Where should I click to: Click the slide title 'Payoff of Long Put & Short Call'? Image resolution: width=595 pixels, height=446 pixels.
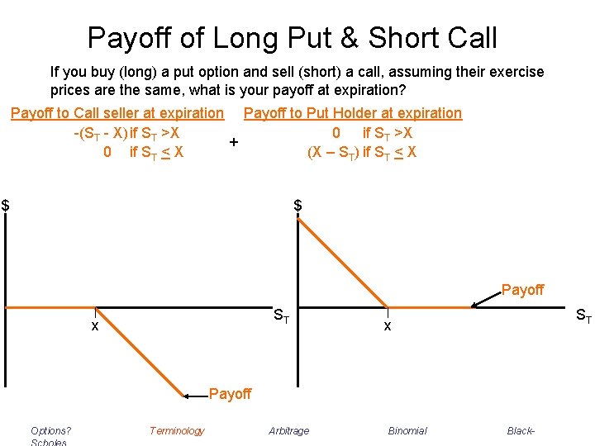pos(293,37)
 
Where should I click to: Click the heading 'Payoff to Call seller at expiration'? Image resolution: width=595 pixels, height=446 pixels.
pos(117,113)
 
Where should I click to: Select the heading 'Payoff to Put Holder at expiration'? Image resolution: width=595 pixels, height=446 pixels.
pos(353,113)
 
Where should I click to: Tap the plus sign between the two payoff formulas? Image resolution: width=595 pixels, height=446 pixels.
pos(235,142)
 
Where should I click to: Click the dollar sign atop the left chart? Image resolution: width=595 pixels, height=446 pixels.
pos(5,205)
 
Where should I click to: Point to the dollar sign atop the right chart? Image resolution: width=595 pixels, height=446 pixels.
pos(298,205)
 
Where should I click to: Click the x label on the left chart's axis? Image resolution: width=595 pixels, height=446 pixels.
pos(95,326)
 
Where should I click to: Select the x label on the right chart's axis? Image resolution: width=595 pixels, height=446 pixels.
pos(387,326)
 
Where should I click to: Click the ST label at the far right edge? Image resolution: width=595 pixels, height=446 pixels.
pos(583,315)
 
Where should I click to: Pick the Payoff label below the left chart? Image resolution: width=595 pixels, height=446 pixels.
pos(230,394)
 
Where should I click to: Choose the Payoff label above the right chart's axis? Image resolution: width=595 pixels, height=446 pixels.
pos(522,290)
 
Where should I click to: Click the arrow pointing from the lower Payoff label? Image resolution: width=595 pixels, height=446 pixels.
pos(195,396)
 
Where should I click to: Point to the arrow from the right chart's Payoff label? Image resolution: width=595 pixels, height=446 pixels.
pos(486,301)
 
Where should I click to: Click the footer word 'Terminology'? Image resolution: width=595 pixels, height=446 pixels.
pos(177,430)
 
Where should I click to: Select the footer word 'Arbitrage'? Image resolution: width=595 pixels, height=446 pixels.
pos(289,430)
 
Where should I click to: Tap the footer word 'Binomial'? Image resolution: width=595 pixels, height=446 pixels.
pos(407,430)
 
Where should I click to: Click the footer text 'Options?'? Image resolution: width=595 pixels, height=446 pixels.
pos(50,430)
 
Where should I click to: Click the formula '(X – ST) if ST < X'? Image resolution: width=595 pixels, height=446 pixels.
pos(361,152)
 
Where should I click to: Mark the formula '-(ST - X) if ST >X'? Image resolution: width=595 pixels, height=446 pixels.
pos(127,133)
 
